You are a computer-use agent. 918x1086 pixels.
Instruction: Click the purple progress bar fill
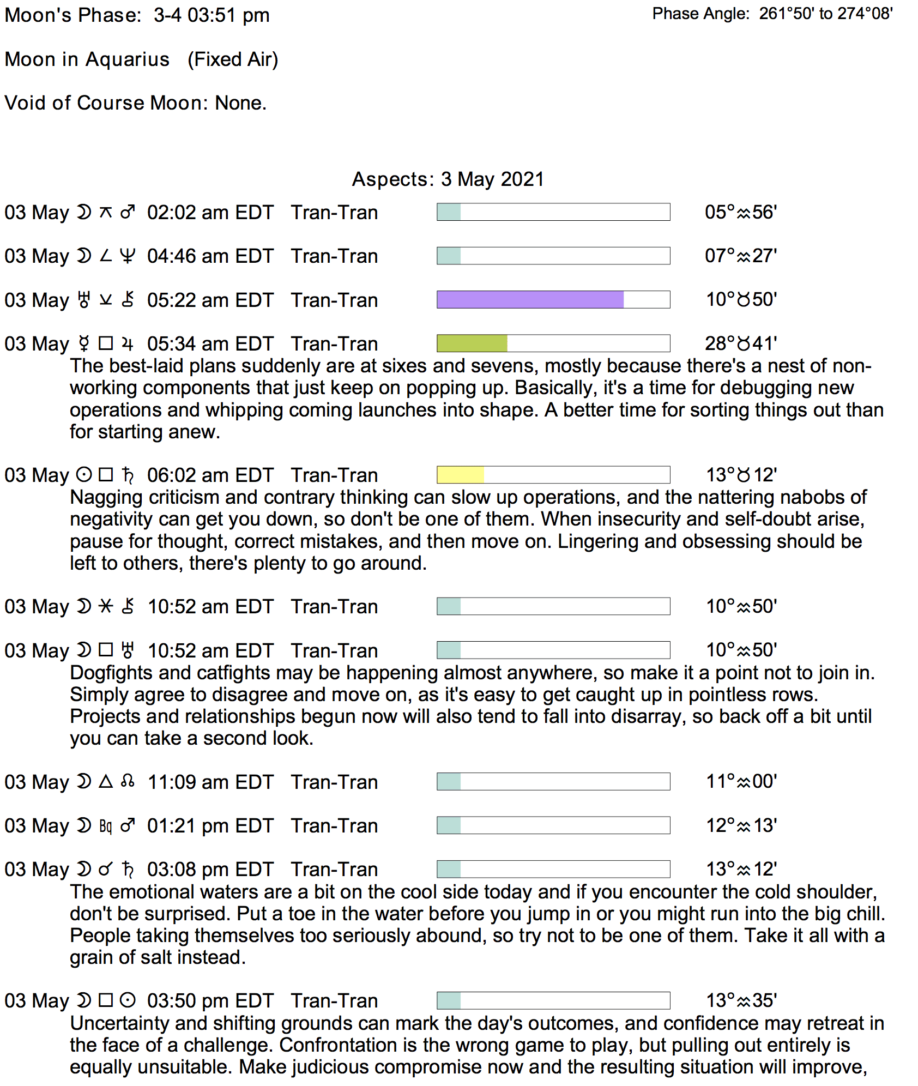pos(530,299)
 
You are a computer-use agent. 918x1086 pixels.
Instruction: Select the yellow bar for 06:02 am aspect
pos(460,475)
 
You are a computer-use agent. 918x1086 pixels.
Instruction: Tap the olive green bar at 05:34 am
pos(472,343)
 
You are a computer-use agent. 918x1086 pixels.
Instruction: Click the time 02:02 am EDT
pos(210,213)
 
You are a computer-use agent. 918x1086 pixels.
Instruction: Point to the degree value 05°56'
pos(740,212)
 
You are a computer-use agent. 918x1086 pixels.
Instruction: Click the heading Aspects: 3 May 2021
pos(448,179)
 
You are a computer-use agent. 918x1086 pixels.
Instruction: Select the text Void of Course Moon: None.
pos(135,103)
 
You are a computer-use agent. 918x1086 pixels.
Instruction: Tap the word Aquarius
pos(128,59)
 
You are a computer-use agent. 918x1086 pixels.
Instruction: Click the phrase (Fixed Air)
pos(233,59)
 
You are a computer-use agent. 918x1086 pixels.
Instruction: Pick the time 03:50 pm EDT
pos(210,1001)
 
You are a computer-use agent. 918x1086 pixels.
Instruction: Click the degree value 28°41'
pos(740,343)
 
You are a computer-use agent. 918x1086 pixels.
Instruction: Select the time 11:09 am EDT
pos(210,782)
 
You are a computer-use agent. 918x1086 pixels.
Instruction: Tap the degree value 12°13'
pos(741,825)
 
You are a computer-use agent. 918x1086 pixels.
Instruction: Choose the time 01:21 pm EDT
pos(210,826)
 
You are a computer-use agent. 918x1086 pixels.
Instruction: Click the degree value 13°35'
pos(741,1000)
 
